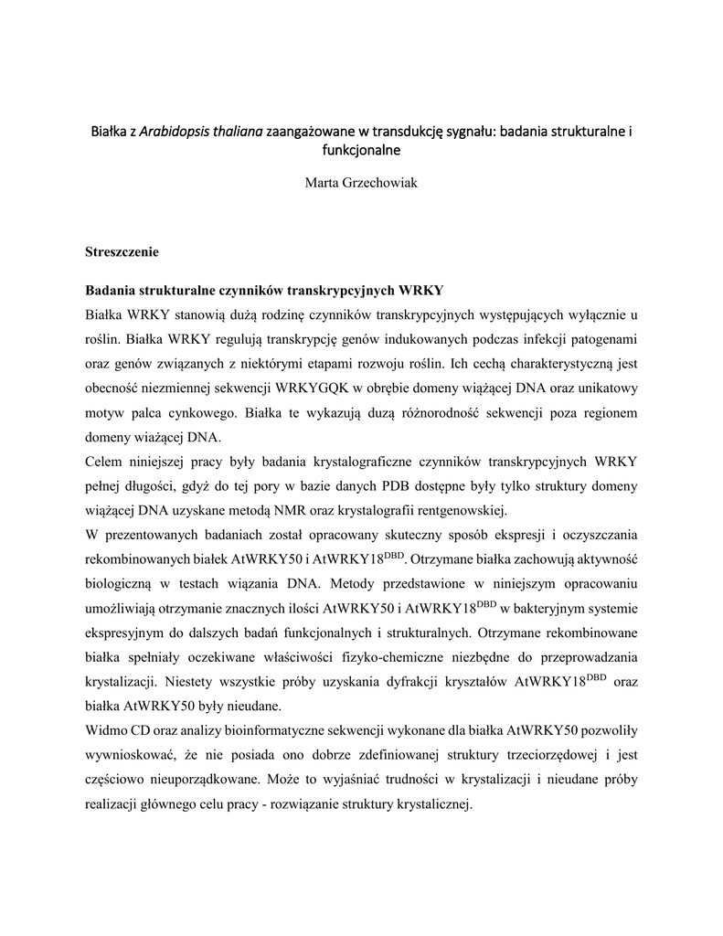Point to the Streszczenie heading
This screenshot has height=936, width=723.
tap(122, 250)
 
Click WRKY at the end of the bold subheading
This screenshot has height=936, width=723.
tap(422, 292)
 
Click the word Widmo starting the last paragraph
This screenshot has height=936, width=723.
tap(109, 729)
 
